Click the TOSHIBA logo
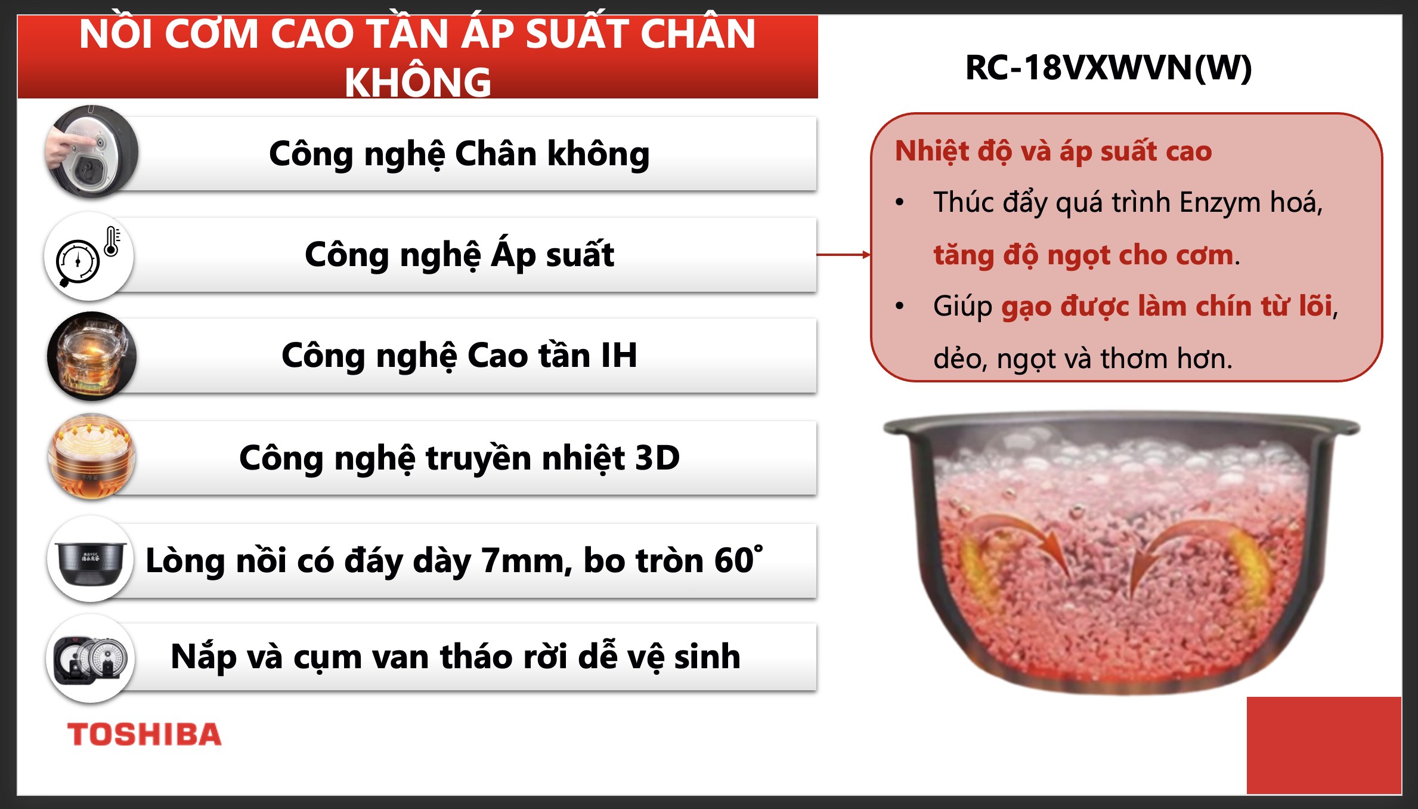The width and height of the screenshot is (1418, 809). coord(144,734)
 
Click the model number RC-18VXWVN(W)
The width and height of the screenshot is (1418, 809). coord(1108,67)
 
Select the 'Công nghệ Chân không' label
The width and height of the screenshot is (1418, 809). coord(459,154)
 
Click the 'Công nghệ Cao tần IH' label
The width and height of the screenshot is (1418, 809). coord(459,356)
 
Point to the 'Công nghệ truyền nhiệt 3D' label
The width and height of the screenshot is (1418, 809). coord(459,458)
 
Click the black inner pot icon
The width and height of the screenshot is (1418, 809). coord(91,560)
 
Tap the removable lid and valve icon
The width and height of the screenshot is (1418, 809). coord(91,659)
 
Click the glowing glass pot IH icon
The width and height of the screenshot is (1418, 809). coord(92,356)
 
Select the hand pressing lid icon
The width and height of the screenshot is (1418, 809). coord(92,152)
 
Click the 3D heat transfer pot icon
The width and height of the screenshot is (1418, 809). coord(92,457)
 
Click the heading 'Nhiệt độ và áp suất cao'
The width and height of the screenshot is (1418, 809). coord(1053,151)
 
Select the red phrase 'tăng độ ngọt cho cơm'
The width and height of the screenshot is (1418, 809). coord(1083,255)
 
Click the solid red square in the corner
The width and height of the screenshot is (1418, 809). coord(1324,745)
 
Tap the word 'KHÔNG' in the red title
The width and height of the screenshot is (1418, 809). coord(418,82)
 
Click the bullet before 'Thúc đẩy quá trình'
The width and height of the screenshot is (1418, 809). coord(900,203)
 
